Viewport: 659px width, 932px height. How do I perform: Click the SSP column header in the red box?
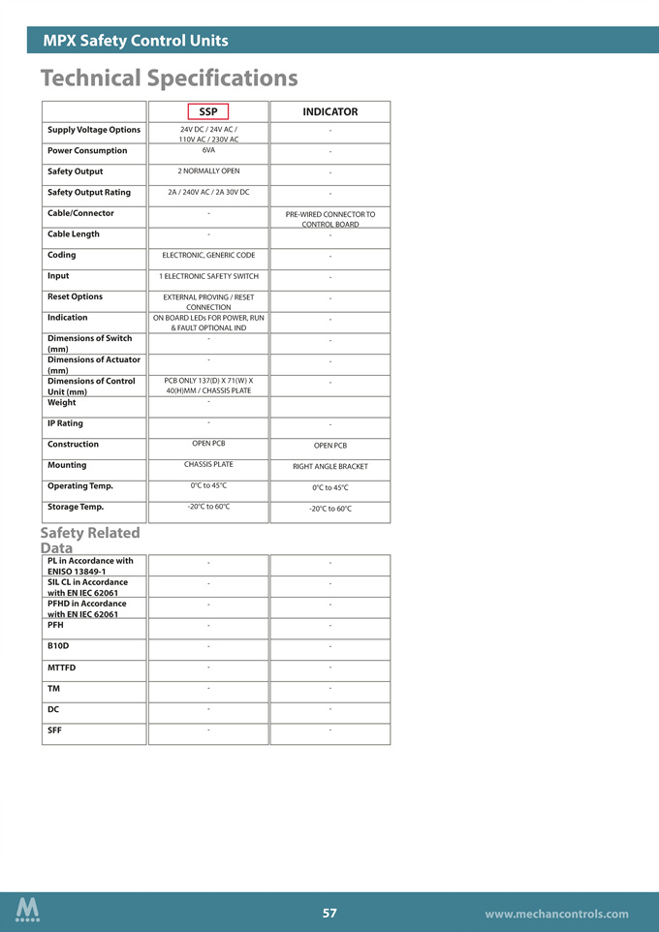208,112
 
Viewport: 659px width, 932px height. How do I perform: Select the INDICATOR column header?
329,112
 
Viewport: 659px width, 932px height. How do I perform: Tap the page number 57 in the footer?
329,913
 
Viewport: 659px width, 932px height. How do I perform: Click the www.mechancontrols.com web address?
556,914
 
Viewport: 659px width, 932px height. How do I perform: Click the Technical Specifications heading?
169,78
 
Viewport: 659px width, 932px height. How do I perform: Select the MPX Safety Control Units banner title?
136,41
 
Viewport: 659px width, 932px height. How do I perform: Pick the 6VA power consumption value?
208,150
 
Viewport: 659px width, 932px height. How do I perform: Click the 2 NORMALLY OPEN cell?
208,171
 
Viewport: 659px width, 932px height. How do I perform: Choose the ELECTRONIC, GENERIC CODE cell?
208,255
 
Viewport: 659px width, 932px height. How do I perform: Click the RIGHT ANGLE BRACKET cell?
329,467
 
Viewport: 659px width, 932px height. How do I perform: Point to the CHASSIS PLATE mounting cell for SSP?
208,465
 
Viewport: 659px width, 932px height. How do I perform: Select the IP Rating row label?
65,423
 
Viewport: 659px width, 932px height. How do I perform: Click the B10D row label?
58,645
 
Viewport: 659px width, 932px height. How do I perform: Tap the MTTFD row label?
61,668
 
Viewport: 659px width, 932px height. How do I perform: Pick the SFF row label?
55,730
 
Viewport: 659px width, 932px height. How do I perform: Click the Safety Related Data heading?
90,540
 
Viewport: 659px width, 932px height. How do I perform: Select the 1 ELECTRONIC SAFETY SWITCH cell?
208,276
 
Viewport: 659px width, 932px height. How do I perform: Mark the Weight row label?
61,402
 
